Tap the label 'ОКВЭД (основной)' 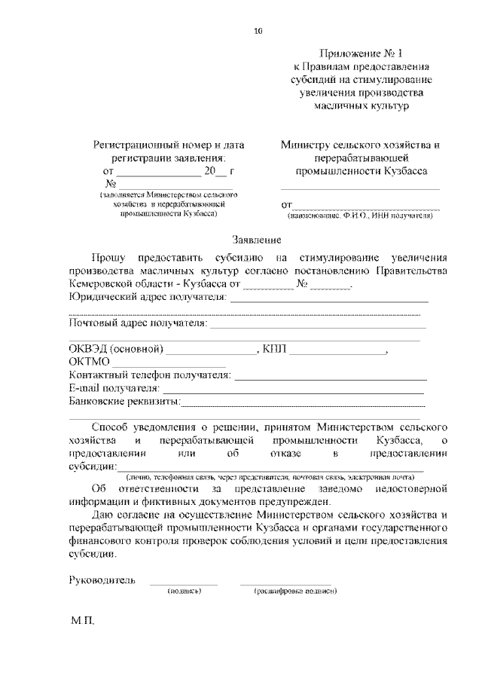(116, 349)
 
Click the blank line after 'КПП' (337, 350)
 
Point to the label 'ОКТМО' (90, 362)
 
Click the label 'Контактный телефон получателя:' (149, 375)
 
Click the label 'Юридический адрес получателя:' (148, 298)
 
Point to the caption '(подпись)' (184, 591)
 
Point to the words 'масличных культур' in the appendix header (361, 106)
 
